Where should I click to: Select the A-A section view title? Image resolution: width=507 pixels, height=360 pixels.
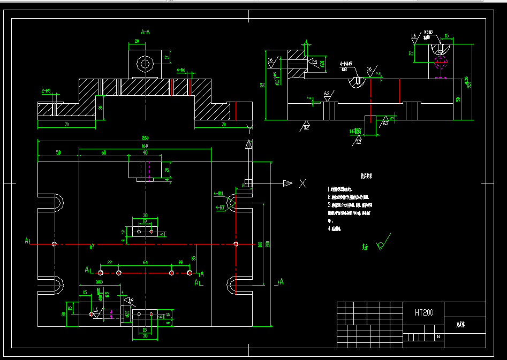(145, 32)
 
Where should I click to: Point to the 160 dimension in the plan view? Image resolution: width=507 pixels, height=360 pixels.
(145, 145)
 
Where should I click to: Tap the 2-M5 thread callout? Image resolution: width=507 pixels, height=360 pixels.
(46, 91)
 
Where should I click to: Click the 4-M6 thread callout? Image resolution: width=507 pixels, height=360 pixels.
(181, 70)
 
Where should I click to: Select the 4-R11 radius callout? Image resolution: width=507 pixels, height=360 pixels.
(218, 193)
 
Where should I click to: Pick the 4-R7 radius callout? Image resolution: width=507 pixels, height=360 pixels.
(220, 206)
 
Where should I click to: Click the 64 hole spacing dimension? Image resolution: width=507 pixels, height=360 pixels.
(145, 263)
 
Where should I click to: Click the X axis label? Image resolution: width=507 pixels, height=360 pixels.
(302, 183)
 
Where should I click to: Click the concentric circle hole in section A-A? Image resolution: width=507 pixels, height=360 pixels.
(145, 64)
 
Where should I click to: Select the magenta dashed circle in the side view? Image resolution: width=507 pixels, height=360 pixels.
(440, 61)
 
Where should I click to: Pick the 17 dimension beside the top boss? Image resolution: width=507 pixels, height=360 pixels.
(167, 57)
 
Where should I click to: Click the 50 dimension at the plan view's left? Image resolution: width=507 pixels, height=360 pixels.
(58, 153)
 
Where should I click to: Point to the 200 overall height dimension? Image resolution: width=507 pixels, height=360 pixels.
(268, 244)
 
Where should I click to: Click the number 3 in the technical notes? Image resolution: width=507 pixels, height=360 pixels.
(330, 204)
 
